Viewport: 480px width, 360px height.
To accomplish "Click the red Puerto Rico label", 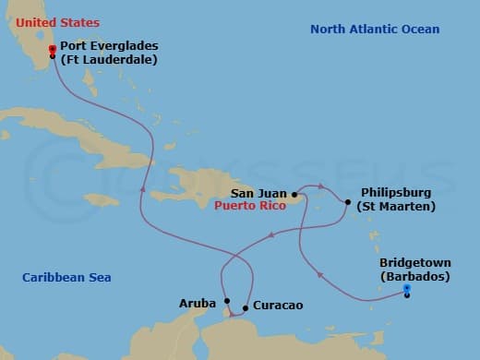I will tap(249, 207).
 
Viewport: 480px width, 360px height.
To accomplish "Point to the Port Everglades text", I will tap(109, 46).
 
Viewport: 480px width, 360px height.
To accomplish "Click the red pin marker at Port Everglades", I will tap(53, 49).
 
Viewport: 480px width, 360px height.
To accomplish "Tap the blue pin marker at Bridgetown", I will tap(407, 290).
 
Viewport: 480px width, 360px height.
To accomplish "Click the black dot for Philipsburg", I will tap(347, 201).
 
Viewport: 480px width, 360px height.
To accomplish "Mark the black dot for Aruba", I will tap(227, 300).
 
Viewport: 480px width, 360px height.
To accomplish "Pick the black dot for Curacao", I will tap(245, 307).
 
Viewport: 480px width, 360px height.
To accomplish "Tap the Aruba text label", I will tap(198, 303).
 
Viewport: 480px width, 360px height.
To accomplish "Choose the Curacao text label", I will tap(277, 306).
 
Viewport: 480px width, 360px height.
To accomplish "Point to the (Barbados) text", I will tap(414, 277).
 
